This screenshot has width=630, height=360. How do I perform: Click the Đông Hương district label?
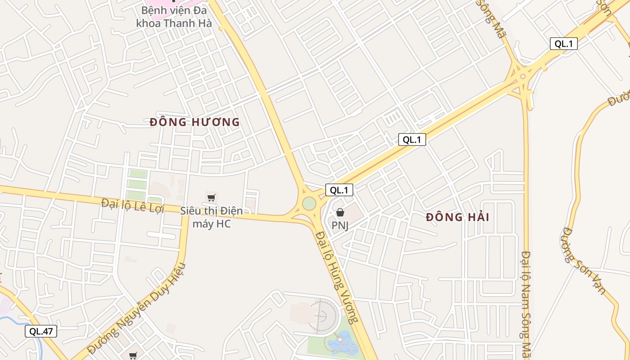(194, 122)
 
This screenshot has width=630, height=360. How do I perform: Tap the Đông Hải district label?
(457, 217)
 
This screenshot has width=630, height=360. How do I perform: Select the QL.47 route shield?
(41, 332)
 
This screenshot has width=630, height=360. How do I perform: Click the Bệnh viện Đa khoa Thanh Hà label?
(174, 17)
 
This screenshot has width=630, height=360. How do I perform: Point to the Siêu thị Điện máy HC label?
(211, 217)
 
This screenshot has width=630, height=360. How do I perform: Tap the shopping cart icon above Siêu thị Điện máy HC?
(211, 198)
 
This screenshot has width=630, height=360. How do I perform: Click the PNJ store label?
(340, 225)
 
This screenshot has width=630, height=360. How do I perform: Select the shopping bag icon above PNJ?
(340, 212)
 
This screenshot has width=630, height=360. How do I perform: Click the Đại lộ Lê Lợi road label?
(134, 206)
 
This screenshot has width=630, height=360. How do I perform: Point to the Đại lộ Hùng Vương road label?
(337, 277)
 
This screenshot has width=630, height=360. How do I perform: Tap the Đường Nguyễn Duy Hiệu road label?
(136, 308)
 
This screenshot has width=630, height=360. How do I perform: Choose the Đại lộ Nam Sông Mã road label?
(526, 304)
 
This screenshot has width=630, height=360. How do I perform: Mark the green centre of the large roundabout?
(309, 203)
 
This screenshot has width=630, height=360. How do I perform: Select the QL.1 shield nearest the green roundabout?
(339, 190)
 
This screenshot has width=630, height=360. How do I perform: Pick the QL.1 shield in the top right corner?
(563, 44)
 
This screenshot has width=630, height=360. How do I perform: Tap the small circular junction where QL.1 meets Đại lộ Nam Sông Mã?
(522, 76)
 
